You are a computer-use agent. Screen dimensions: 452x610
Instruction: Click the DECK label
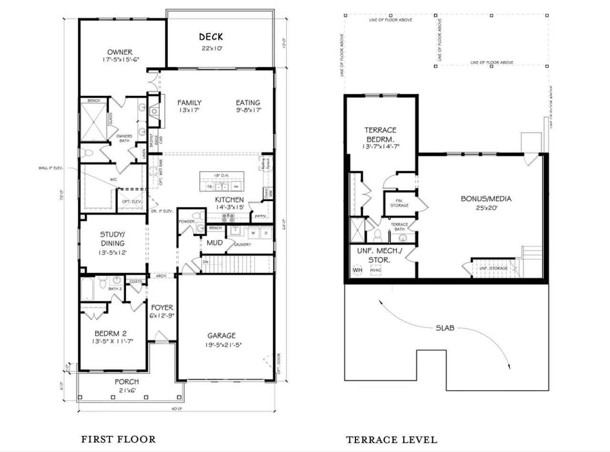211,37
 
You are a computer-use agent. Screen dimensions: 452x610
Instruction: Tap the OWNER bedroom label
120,52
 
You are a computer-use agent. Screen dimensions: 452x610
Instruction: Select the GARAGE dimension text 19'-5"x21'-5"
221,345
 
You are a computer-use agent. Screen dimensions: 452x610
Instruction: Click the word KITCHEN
229,200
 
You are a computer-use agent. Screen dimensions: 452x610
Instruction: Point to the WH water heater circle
357,270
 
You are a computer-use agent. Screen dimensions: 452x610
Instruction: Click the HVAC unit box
376,270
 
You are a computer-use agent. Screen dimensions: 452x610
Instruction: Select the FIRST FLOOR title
118,439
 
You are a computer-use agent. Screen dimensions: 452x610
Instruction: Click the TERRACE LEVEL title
391,440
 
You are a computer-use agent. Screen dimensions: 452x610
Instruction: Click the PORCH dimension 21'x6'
127,391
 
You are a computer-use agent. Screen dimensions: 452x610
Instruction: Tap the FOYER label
162,308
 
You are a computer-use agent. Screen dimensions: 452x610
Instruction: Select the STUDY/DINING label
112,239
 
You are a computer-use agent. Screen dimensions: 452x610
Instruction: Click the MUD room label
215,243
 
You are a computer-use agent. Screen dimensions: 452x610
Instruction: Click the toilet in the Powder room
200,229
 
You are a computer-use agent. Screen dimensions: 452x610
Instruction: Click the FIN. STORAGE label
399,203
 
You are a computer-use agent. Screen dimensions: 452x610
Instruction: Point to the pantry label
260,216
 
